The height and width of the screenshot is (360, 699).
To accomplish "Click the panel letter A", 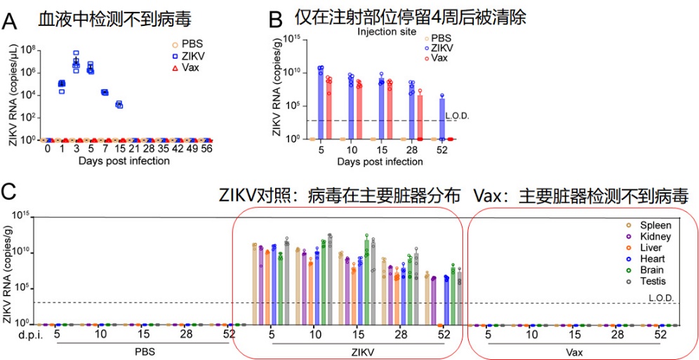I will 11,22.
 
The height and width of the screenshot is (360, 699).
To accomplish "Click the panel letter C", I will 10,192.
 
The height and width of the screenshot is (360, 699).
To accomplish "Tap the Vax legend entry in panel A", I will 185,68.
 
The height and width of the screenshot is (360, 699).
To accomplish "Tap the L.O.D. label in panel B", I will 457,115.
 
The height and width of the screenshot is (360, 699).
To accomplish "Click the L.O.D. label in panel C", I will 660,298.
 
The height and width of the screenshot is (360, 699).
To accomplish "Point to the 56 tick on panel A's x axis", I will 208,149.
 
